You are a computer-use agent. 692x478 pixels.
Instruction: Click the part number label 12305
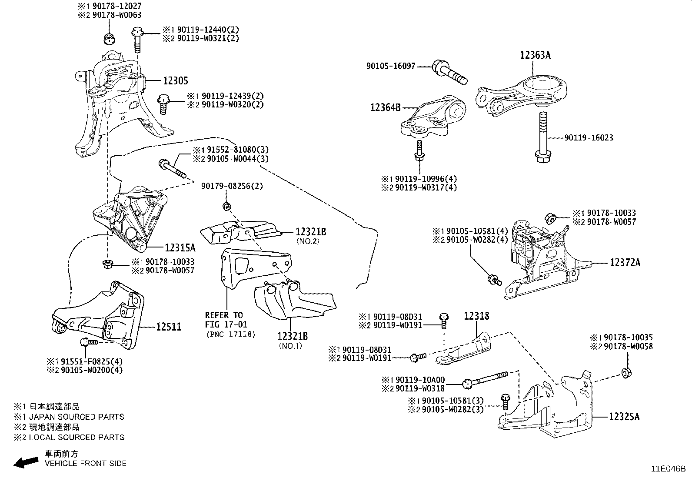(176, 81)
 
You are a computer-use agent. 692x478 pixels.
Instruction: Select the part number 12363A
(536, 55)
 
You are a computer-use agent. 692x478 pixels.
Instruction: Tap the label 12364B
(385, 107)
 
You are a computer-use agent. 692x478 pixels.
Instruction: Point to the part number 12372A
(625, 263)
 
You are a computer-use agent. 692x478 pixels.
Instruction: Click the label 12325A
(624, 417)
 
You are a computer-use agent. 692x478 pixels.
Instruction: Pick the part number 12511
(169, 327)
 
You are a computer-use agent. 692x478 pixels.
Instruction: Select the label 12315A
(180, 248)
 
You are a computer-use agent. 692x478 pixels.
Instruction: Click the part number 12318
(476, 316)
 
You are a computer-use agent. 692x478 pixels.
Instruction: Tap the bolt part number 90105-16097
(391, 66)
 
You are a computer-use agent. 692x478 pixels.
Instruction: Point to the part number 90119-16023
(589, 138)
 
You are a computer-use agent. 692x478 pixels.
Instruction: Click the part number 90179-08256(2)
(232, 186)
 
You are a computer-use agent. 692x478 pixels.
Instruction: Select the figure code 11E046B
(668, 469)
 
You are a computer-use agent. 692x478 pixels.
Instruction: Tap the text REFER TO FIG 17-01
(224, 319)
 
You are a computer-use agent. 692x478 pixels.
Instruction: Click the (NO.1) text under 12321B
(290, 346)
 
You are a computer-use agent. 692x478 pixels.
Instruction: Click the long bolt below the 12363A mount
(542, 137)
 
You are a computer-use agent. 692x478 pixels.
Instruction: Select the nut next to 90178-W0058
(626, 373)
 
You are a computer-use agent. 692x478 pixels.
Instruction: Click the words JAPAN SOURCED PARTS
(77, 417)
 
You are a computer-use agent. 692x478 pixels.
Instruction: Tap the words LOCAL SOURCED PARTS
(77, 437)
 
